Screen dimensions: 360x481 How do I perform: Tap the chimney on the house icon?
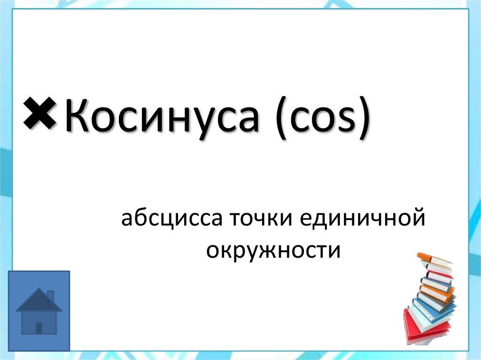[50, 295]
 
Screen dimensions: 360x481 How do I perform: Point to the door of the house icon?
[39, 327]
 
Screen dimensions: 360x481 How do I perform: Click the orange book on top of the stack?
[432, 259]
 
